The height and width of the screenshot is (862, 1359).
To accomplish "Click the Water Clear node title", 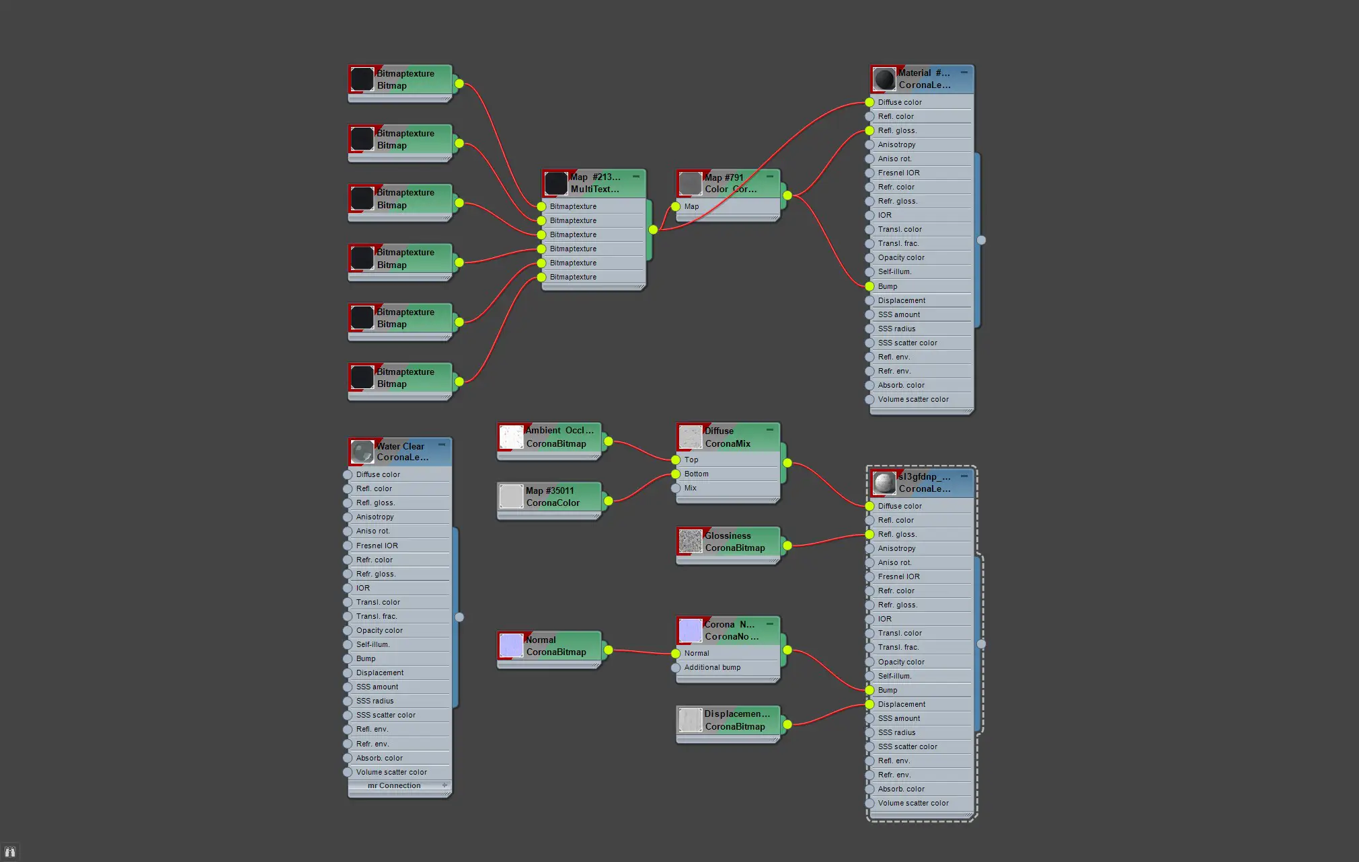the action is pos(401,451).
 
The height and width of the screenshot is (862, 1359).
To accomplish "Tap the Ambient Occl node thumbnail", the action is pos(511,437).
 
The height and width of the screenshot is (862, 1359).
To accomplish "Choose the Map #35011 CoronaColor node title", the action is pos(553,497).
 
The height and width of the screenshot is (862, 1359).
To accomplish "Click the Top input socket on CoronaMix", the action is pos(676,460).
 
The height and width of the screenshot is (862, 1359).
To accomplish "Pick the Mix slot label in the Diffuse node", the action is pos(691,488).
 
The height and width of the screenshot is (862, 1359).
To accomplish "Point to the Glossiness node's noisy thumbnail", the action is pos(690,542).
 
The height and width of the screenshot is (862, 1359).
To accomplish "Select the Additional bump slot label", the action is pos(712,667).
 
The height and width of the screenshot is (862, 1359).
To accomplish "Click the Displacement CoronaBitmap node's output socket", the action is pos(787,724).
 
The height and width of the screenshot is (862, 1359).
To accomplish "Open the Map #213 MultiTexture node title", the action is pos(595,183).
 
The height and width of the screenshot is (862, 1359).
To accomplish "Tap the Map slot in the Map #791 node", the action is pos(691,206).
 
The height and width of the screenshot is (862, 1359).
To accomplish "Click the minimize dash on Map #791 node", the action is pos(770,177).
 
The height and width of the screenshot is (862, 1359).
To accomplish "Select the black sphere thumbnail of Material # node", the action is pos(884,79).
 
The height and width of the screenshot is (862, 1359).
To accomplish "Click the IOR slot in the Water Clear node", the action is pos(363,588).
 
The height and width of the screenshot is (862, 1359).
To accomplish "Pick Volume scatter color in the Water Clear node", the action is pos(391,772).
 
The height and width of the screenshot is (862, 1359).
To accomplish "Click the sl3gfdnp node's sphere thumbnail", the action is pos(884,482).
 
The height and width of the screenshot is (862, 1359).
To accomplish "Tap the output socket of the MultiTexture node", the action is pos(653,230).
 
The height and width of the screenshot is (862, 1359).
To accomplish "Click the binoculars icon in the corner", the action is pos(9,852).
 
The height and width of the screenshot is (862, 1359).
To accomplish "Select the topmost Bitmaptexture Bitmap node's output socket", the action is pos(459,84).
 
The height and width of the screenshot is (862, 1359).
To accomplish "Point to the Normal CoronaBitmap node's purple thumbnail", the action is pos(511,646).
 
